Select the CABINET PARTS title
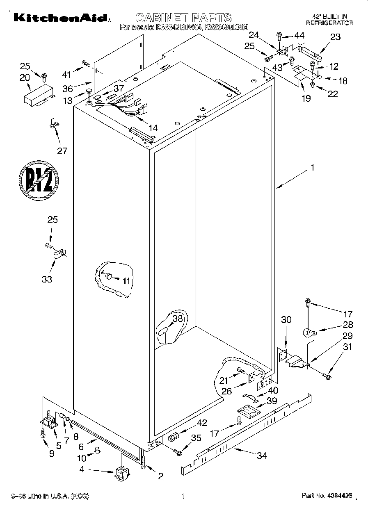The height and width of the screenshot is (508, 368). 183,18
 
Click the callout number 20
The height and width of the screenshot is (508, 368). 25,77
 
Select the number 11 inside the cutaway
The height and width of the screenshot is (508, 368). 126,280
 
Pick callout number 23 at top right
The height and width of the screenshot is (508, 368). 335,37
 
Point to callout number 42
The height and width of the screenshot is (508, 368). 201,423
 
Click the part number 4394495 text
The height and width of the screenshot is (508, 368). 327,496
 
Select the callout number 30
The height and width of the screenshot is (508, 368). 286,319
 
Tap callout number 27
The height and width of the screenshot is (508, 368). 62,150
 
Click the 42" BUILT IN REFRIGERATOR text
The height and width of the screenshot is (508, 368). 329,20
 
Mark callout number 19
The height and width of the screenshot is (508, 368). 306,98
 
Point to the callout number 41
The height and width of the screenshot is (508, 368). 66,74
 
